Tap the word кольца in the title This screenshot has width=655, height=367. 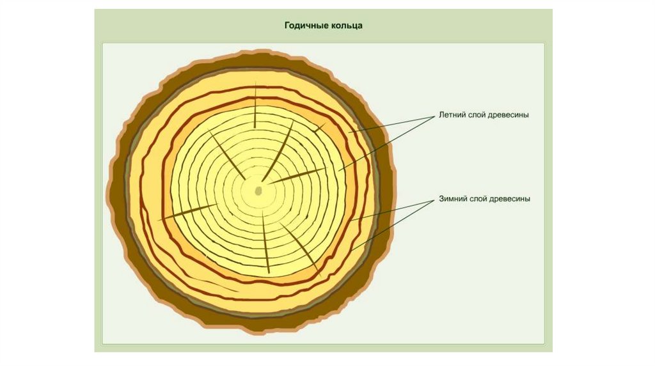(x=348, y=26)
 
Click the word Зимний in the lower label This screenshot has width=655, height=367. (x=452, y=199)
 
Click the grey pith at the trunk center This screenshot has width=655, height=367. (x=259, y=191)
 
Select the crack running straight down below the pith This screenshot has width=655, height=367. (x=266, y=243)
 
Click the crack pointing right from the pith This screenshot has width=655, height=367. (x=297, y=176)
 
